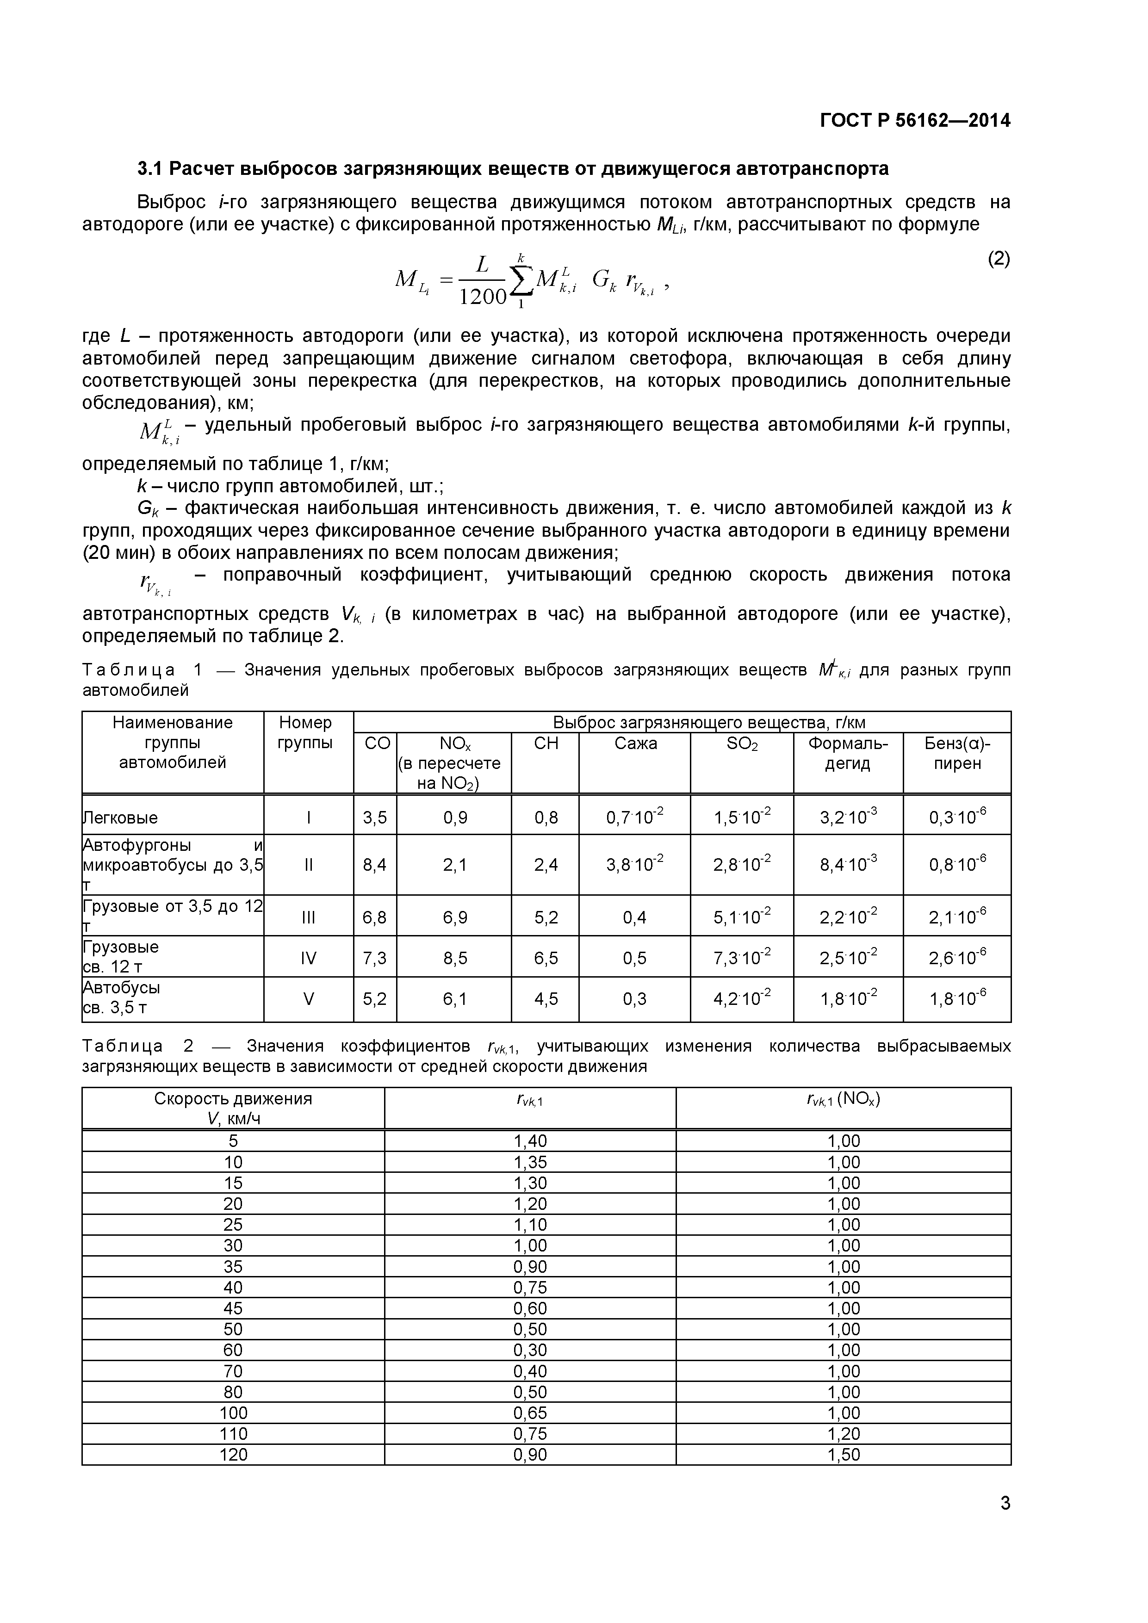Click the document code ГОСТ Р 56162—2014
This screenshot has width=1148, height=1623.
(x=915, y=121)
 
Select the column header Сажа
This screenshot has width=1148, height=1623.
(x=635, y=743)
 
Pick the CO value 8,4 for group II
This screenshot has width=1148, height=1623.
(x=375, y=865)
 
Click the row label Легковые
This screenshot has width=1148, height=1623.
(x=121, y=818)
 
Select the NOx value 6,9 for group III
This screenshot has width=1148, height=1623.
(x=454, y=917)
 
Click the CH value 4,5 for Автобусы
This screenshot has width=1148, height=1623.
(x=546, y=999)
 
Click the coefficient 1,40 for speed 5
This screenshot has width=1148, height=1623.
(x=530, y=1141)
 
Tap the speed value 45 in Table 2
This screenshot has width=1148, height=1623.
(x=233, y=1308)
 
